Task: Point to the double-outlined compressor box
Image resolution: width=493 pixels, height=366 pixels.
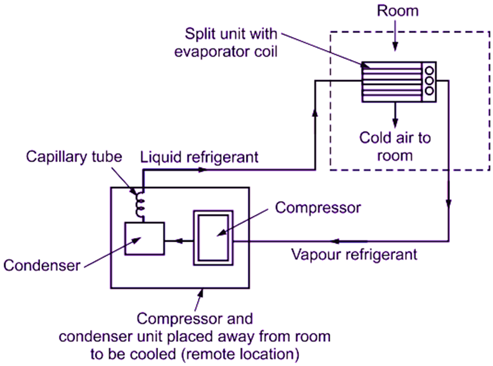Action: coord(213,238)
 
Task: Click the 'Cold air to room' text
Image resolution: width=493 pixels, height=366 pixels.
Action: coord(395,147)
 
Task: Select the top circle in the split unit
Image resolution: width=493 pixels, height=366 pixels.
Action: coord(429,69)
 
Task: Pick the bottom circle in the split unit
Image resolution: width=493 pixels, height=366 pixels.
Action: coord(429,90)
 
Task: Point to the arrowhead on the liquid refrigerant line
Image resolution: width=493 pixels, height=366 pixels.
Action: coord(203,170)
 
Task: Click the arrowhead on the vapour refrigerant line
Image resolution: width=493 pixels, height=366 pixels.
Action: coord(337,240)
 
